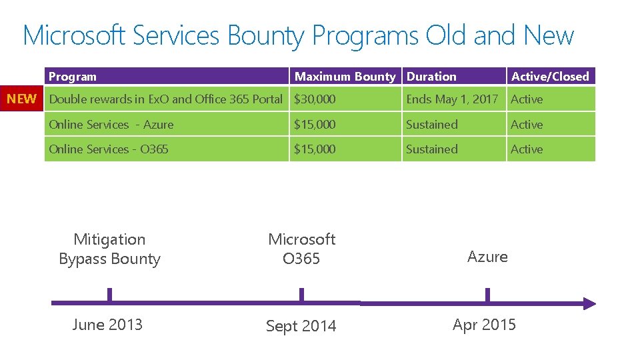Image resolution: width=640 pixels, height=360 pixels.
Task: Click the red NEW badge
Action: (x=22, y=99)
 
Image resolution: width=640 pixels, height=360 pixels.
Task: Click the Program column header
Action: (x=73, y=77)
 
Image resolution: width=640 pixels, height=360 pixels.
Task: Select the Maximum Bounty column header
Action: (x=345, y=77)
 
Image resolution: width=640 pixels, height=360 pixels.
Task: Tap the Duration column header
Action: (x=431, y=77)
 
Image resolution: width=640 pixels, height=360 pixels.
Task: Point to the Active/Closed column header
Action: (x=550, y=77)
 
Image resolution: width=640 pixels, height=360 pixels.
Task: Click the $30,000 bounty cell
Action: (x=315, y=99)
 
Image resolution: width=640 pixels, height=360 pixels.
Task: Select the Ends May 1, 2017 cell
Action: (x=452, y=99)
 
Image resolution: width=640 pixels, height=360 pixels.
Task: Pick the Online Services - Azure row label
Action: (x=111, y=125)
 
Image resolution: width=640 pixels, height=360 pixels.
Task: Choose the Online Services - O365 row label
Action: (x=109, y=149)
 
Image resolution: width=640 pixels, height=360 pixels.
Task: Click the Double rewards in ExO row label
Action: (x=166, y=99)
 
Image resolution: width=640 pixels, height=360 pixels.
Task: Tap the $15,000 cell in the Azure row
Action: (x=315, y=125)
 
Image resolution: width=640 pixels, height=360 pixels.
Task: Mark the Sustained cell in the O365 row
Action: (x=432, y=149)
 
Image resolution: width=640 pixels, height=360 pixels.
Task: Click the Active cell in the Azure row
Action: (x=527, y=125)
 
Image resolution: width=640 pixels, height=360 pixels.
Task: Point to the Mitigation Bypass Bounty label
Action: (x=109, y=249)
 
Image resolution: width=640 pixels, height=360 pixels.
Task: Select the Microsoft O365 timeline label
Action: (x=301, y=249)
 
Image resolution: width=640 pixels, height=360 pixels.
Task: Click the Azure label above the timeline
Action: (x=487, y=257)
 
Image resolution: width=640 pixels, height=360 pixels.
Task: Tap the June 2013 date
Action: (x=107, y=325)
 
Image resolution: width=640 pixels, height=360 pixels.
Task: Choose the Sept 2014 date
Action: (x=301, y=326)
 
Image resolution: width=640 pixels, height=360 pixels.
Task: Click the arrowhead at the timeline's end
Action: (x=589, y=303)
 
